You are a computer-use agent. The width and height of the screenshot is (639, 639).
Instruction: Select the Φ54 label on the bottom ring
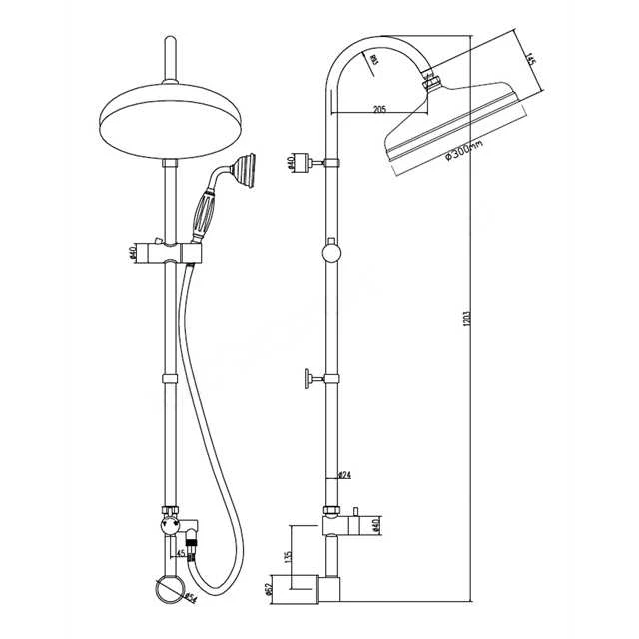click(x=189, y=597)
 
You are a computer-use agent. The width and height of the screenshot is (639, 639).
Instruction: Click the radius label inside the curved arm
click(x=372, y=63)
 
